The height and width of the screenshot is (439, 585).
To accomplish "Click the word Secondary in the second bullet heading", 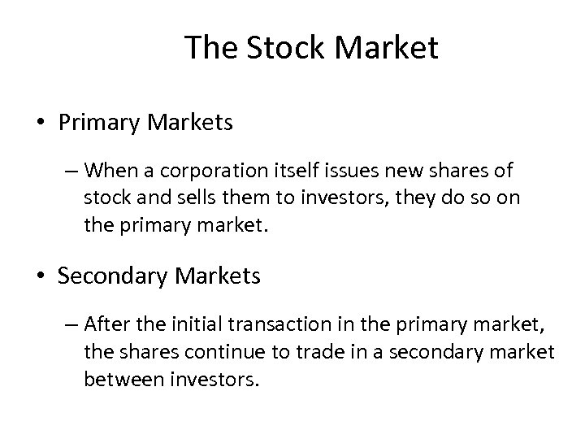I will (x=112, y=276).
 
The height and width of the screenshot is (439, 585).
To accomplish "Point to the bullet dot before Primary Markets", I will (x=40, y=124).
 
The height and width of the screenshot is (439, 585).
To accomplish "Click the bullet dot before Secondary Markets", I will (x=40, y=277).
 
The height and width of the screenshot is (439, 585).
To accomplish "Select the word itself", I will (x=272, y=172).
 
